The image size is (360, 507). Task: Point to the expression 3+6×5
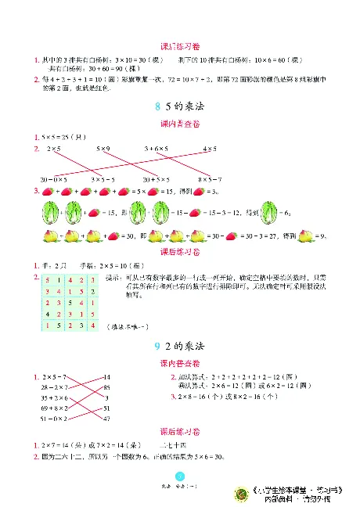coord(157,148)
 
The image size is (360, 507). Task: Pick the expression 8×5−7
coord(210,178)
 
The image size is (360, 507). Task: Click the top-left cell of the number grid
coord(50,279)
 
